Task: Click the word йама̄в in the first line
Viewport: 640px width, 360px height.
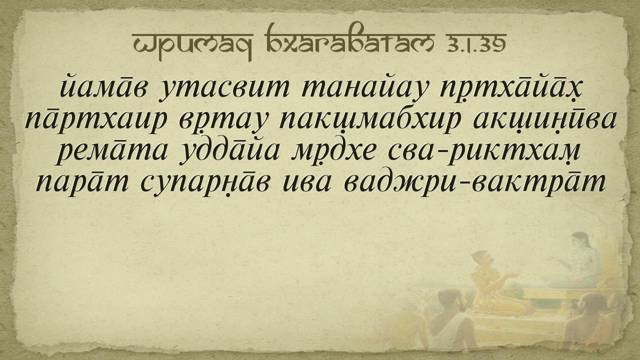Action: click(103, 86)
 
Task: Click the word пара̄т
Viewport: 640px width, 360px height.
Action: click(82, 183)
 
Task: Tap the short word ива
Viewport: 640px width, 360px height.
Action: click(307, 183)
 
